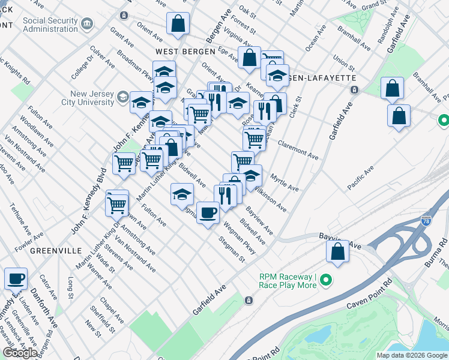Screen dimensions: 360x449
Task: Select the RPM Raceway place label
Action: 288,281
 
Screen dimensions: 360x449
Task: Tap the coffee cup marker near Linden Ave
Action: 16,278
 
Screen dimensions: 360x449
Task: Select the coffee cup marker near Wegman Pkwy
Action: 208,212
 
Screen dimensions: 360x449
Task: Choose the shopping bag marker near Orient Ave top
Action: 178,24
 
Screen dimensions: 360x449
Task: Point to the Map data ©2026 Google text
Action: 411,355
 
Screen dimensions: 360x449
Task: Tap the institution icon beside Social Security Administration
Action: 88,24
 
